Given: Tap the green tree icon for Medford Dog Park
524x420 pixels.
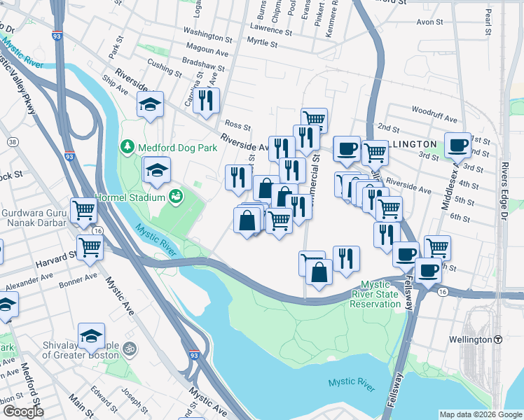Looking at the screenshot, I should [127, 147].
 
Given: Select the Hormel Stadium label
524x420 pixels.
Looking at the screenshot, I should [130, 196].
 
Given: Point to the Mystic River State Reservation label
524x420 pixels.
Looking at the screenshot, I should [375, 294].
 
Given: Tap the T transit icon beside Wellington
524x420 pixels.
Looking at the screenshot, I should [498, 339].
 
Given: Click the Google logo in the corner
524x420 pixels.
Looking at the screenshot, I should [22, 412].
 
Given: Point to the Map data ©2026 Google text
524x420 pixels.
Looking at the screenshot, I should [480, 414].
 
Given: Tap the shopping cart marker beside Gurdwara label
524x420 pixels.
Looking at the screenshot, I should [83, 209].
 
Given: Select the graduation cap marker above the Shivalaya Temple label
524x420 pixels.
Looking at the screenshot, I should [91, 337].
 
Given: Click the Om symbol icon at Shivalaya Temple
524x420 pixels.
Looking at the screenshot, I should [128, 348].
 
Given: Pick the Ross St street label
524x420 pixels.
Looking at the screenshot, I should [237, 126].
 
